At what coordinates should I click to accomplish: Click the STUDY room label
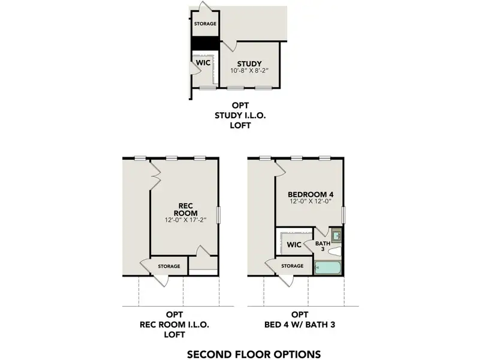249,64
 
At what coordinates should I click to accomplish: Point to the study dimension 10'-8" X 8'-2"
249,71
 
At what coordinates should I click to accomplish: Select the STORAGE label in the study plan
204,24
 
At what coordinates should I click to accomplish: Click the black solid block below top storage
205,44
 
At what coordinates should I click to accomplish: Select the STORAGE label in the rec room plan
169,266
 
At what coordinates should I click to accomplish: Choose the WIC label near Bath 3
294,245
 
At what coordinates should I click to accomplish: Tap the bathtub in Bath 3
329,268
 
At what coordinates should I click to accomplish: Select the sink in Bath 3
337,234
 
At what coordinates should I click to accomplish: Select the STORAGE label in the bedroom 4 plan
292,266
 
